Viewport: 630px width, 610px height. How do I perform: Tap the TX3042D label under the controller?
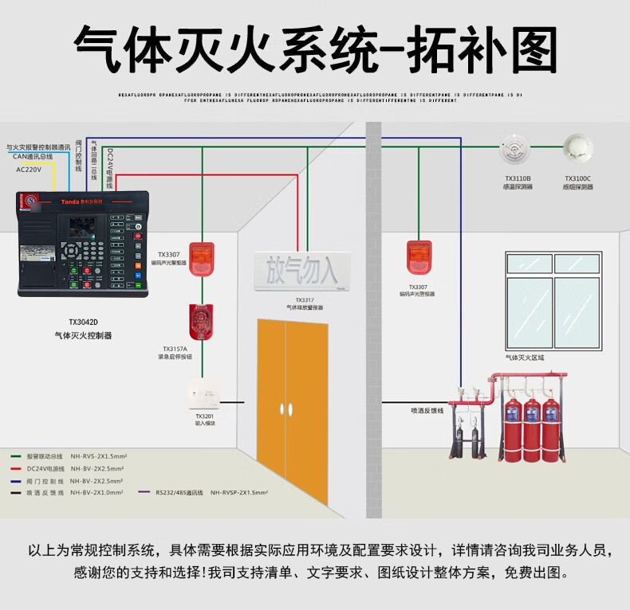pyautogui.click(x=83, y=323)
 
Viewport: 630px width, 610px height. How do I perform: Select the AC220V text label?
pyautogui.click(x=29, y=170)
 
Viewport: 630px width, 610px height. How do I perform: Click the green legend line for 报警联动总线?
pyautogui.click(x=15, y=457)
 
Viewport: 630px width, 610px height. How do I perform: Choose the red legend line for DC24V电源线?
pyautogui.click(x=15, y=469)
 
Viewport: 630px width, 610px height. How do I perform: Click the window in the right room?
pyautogui.click(x=553, y=300)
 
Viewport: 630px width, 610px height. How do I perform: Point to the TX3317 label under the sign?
pyautogui.click(x=305, y=301)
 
